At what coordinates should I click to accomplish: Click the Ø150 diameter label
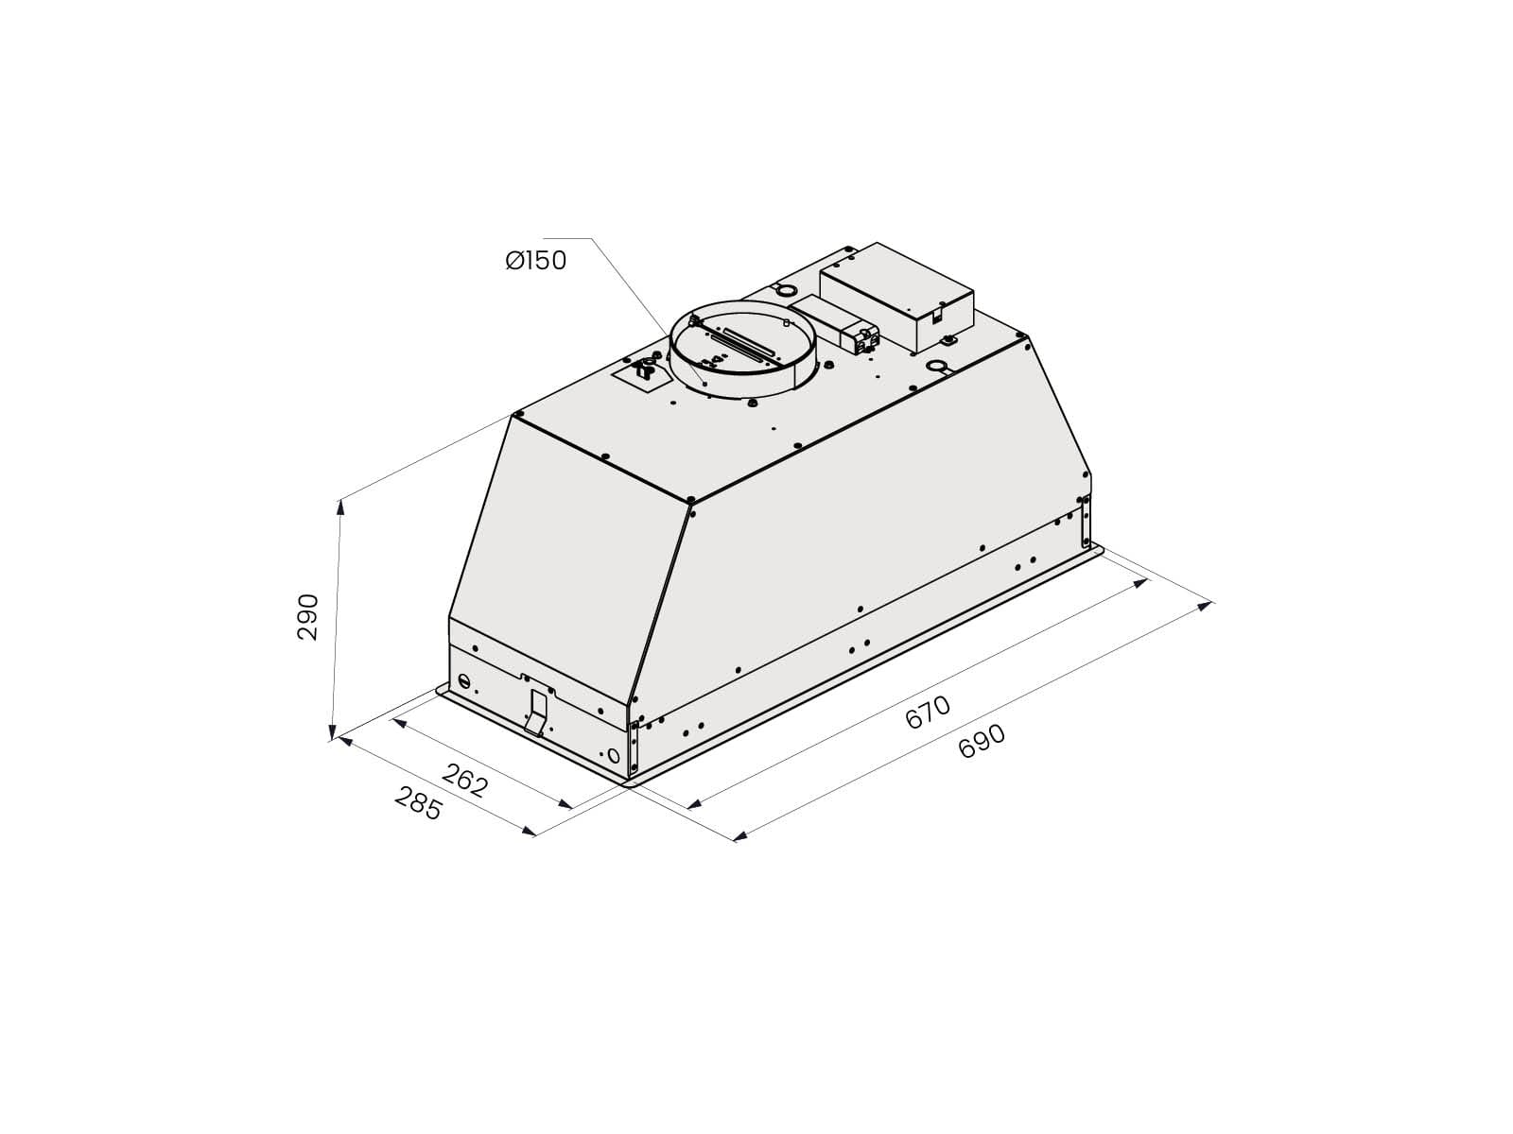tap(535, 260)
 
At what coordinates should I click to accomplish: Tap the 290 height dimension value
tap(307, 617)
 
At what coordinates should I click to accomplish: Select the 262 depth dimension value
tap(464, 780)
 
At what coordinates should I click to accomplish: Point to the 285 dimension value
tap(418, 803)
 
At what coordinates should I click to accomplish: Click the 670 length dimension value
tap(928, 712)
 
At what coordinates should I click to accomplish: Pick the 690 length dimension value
tap(982, 742)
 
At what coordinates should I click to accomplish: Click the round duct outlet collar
tap(743, 349)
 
